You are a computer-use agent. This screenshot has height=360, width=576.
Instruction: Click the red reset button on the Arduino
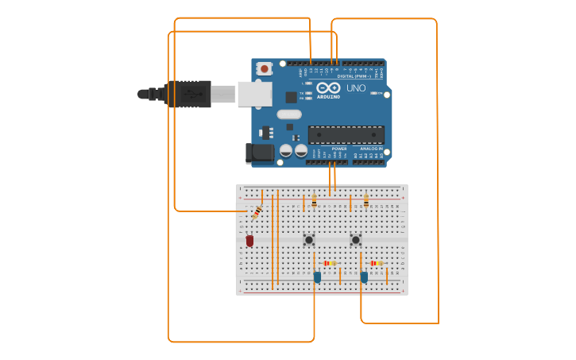coord(264,69)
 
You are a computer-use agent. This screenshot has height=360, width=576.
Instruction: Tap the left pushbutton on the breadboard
coord(309,239)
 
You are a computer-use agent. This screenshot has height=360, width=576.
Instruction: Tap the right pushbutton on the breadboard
coord(355,239)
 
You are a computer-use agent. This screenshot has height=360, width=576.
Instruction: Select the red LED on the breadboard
coord(249,240)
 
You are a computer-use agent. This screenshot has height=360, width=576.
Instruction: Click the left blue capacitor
coord(317,277)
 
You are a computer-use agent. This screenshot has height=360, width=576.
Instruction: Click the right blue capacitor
coord(364,277)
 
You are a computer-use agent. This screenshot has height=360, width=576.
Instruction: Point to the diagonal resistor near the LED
coord(257,212)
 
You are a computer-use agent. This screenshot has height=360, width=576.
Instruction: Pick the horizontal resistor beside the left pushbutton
coord(329,263)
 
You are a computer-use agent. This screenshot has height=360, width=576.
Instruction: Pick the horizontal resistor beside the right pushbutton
coord(376,263)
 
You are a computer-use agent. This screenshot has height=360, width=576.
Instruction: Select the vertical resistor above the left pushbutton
coord(314,202)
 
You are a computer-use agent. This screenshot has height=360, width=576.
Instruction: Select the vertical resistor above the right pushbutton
coord(365,202)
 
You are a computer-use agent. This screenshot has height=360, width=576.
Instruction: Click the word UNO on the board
coord(356,88)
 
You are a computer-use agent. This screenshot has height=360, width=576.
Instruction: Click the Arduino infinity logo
coord(328,87)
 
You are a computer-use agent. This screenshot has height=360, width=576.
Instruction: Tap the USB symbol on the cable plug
coord(188,94)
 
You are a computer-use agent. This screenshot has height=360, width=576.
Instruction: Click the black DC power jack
coord(259,153)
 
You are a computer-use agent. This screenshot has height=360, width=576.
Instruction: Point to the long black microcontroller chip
coord(346,134)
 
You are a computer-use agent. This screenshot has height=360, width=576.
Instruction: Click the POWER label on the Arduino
coord(339,149)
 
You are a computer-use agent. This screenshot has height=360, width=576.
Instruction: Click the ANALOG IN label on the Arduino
coord(371,149)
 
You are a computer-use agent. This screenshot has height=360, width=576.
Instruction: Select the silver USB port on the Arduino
coord(254,94)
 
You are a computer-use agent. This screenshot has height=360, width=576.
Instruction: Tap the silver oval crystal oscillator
coord(289,114)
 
